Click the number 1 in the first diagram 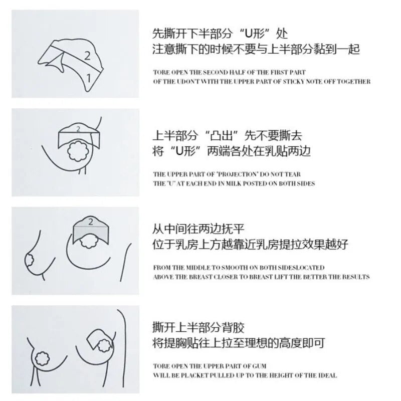coord(89,78)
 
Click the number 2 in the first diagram coord(87,56)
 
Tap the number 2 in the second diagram coord(78,129)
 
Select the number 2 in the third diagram coord(91,222)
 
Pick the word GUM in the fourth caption coord(259,366)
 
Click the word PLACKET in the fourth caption coord(195,375)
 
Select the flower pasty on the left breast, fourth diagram coord(43,358)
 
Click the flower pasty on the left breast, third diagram coord(30,259)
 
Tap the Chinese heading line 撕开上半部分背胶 coord(198,328)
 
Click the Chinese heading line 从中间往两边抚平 coord(198,229)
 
